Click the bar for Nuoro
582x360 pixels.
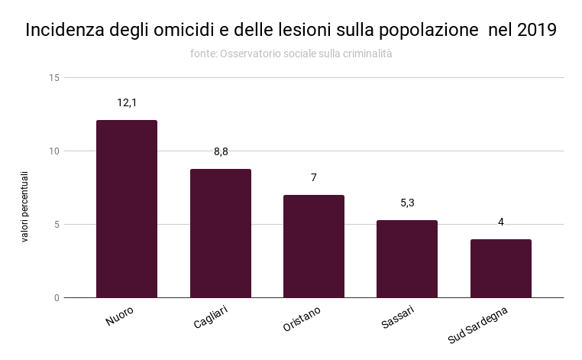pyautogui.click(x=127, y=209)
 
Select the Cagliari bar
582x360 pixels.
pyautogui.click(x=220, y=233)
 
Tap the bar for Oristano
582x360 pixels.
pyautogui.click(x=314, y=246)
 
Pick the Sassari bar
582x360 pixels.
pyautogui.click(x=407, y=258)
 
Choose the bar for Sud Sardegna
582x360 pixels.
pyautogui.click(x=501, y=268)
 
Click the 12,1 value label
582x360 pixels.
pyautogui.click(x=127, y=102)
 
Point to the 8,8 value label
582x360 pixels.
pyautogui.click(x=221, y=151)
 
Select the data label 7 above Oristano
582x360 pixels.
pyautogui.click(x=314, y=177)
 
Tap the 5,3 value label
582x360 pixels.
pyautogui.click(x=407, y=203)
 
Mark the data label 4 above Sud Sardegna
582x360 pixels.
pyautogui.click(x=501, y=222)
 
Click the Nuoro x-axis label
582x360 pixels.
pyautogui.click(x=119, y=317)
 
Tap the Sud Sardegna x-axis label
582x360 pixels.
pyautogui.click(x=478, y=325)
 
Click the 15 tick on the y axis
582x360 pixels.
pyautogui.click(x=53, y=78)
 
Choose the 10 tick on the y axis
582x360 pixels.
pyautogui.click(x=53, y=151)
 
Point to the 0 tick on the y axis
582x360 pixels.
pyautogui.click(x=56, y=297)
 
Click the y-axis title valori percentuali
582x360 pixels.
pyautogui.click(x=24, y=206)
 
